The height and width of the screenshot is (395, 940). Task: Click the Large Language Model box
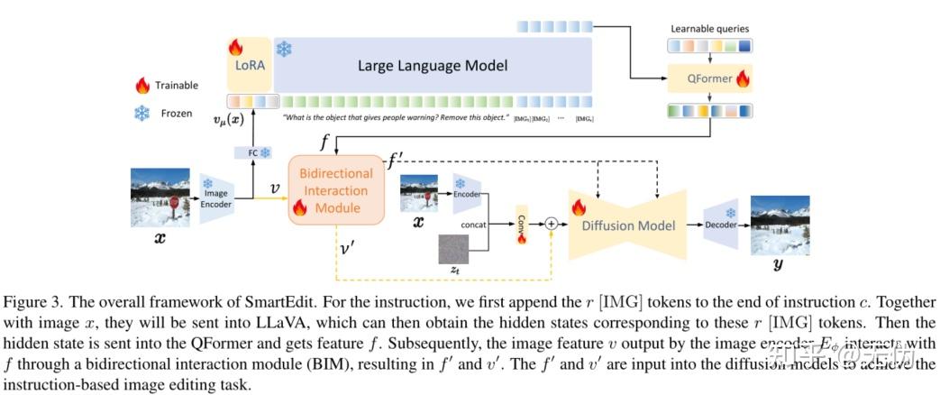[433, 65]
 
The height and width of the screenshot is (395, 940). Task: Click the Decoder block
[720, 225]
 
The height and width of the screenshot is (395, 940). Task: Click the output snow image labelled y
[780, 225]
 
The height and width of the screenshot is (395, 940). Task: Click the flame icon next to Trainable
[141, 86]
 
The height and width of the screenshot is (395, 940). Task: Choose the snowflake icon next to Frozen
[141, 115]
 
